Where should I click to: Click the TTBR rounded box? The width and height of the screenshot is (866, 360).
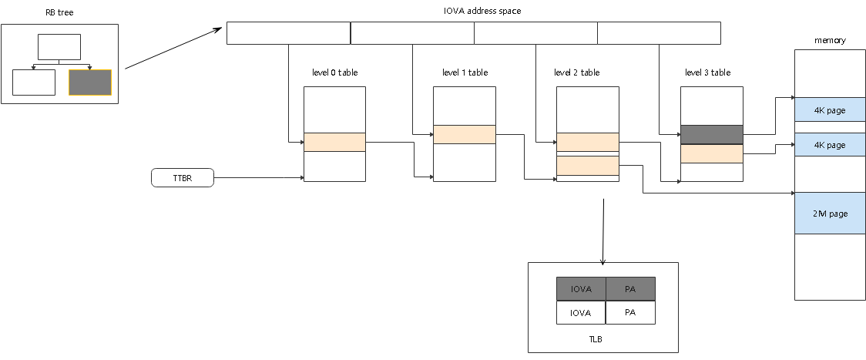[182, 178]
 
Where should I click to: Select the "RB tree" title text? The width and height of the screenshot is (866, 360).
[59, 12]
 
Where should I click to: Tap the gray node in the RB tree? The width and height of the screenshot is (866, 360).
[90, 82]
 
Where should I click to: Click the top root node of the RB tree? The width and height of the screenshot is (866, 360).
[59, 46]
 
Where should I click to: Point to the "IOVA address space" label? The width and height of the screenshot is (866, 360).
[473, 12]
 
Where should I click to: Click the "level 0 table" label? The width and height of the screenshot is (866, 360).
[334, 72]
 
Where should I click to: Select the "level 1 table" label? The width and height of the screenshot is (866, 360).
[465, 72]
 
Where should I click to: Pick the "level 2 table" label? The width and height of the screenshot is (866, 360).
[577, 72]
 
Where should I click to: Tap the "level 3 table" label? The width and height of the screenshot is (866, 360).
[707, 72]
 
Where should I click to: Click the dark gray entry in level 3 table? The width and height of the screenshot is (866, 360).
[711, 135]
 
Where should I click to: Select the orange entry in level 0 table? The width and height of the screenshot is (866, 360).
[334, 142]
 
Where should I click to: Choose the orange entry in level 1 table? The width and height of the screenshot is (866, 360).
[464, 134]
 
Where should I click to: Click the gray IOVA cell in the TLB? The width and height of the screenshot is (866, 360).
[581, 289]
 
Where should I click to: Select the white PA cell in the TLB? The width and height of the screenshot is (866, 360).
[630, 312]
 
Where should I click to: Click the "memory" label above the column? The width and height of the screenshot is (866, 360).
[830, 40]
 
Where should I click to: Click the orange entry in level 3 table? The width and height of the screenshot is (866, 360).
[711, 154]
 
